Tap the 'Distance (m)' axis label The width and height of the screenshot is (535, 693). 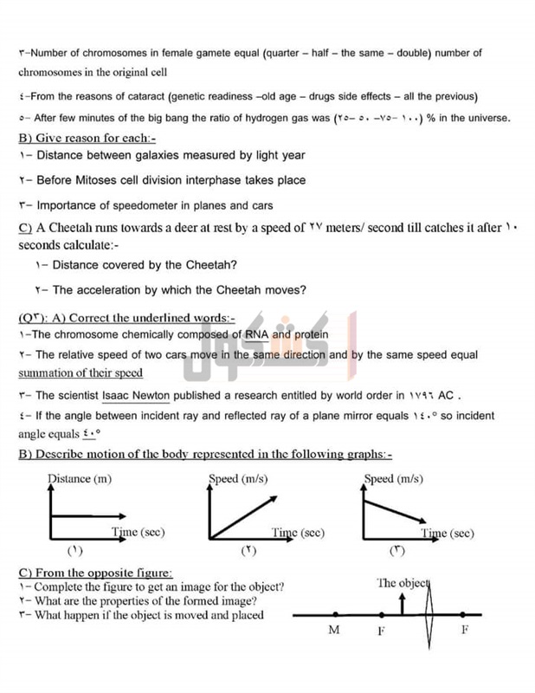(x=79, y=478)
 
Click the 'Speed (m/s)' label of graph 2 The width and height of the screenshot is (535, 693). (x=238, y=478)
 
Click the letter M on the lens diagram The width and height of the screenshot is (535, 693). (x=334, y=631)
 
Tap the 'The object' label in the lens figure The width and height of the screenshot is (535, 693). (x=403, y=583)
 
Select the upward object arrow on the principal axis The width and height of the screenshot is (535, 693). (x=402, y=603)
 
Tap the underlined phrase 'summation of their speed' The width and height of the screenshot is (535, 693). (x=81, y=373)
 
